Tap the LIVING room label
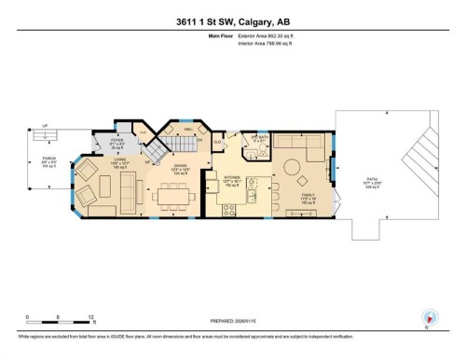coord(119,161)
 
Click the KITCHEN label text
coord(233,176)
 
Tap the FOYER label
coord(117,141)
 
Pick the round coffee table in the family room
coord(292,169)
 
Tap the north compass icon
coord(430,318)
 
